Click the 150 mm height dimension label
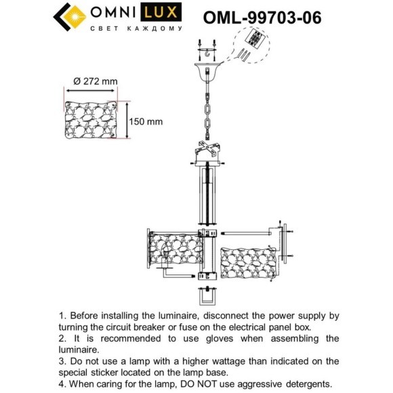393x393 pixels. tap(146, 121)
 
